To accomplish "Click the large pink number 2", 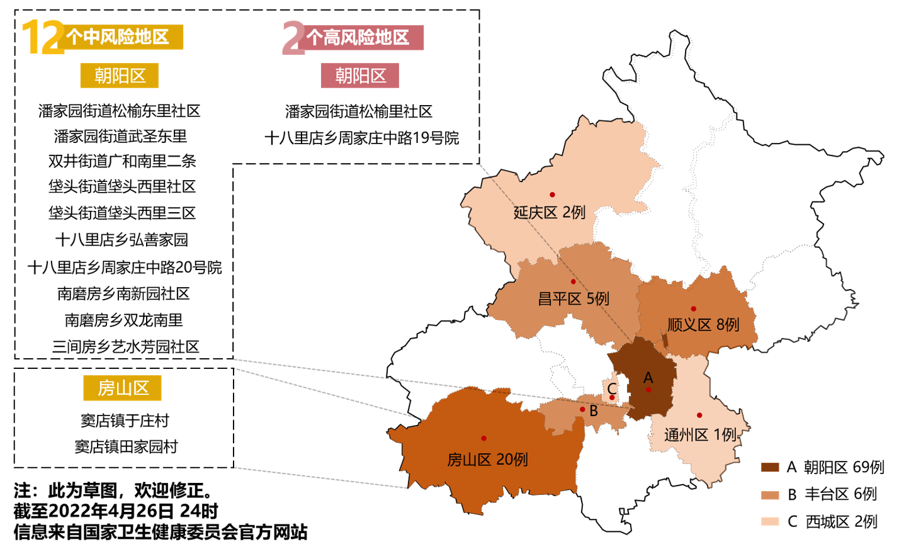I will [x=293, y=38].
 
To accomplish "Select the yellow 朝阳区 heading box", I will [x=120, y=76].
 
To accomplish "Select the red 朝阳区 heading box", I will [x=360, y=76].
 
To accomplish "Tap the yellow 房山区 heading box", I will [x=123, y=388].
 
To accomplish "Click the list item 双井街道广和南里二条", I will [x=122, y=161].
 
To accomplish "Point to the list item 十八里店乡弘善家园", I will [x=121, y=240].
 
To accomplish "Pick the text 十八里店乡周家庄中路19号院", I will [x=361, y=138].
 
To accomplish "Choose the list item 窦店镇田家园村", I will [x=126, y=446].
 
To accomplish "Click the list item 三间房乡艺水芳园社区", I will [x=125, y=347].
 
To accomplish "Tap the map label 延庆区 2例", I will [x=550, y=213].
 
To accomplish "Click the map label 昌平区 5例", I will [x=573, y=298].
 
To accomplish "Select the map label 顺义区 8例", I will [x=703, y=325].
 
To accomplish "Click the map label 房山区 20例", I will [x=487, y=460].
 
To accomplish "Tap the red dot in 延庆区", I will [x=552, y=195].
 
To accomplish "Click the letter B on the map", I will [x=594, y=411].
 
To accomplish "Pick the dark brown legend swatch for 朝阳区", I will [x=770, y=467].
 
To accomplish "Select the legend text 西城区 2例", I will [x=841, y=521].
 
